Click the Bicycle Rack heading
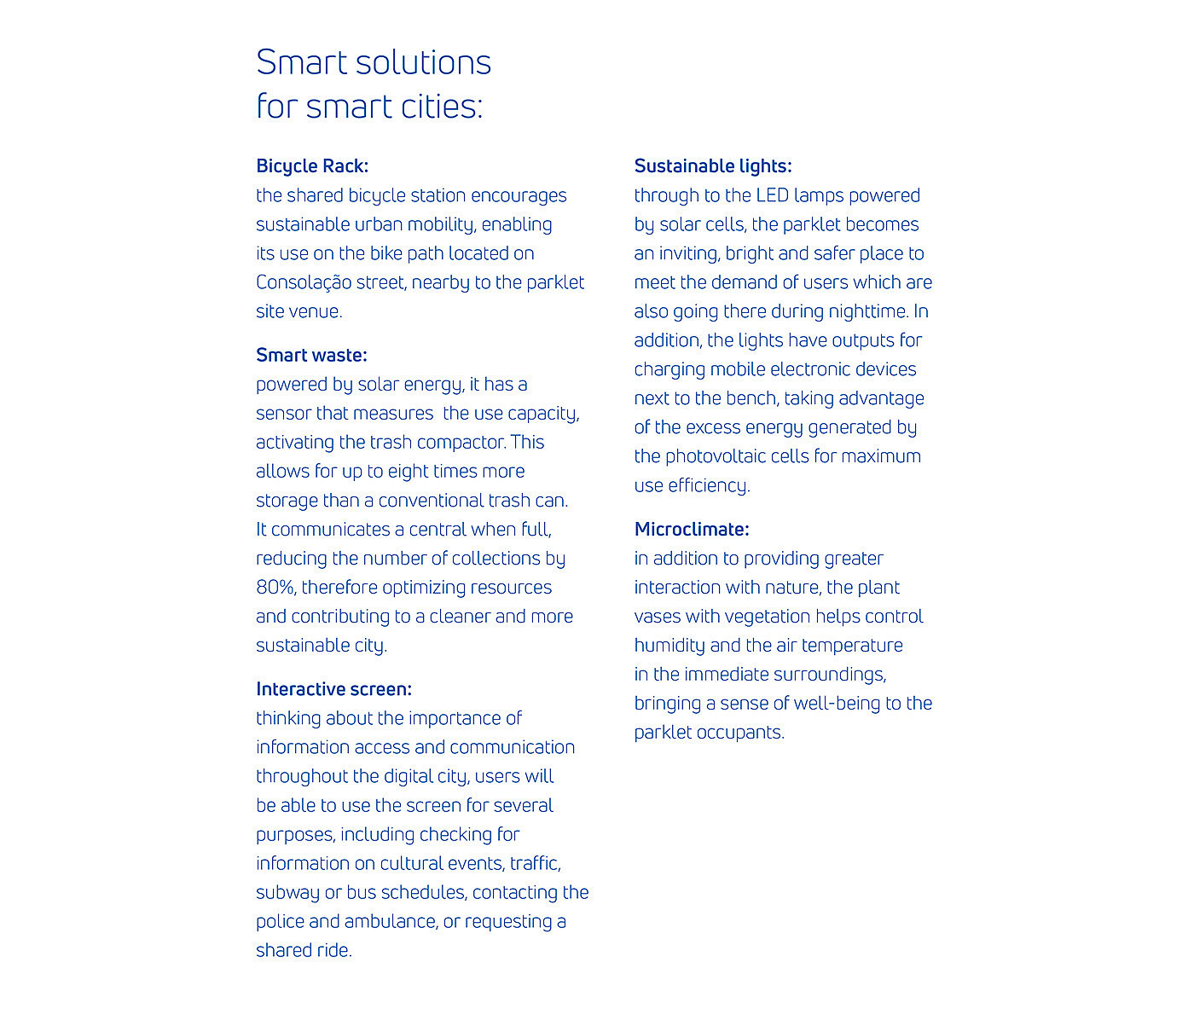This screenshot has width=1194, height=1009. [312, 166]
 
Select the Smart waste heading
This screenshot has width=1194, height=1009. [311, 355]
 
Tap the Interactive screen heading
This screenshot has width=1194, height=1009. [333, 689]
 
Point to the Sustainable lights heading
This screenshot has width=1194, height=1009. [713, 166]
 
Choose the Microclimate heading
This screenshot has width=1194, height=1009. [692, 530]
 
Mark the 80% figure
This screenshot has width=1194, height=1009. [275, 588]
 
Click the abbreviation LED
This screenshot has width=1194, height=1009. [772, 195]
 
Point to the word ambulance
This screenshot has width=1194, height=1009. [388, 922]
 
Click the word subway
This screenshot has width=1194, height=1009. [287, 893]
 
